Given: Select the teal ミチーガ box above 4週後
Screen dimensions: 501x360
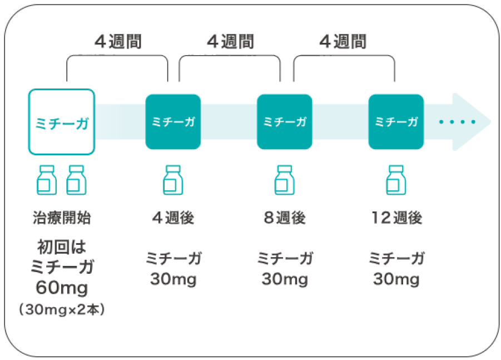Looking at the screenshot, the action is (173, 122).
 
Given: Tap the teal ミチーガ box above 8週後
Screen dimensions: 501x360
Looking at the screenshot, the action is (285, 122).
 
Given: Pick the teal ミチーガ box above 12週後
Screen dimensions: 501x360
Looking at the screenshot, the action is (396, 122).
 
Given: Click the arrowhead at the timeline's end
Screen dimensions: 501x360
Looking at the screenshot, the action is (472, 122).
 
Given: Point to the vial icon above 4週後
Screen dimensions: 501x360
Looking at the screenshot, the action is (173, 180).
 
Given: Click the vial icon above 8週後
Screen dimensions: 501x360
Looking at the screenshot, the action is (285, 180).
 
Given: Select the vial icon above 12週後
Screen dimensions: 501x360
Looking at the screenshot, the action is (396, 180).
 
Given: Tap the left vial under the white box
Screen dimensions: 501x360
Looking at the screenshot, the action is (47, 180).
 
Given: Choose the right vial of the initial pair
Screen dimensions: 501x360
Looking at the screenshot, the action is (76, 180).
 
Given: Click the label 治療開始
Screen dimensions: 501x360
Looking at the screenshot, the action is (62, 218).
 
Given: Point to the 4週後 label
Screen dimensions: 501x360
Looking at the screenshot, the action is (173, 218).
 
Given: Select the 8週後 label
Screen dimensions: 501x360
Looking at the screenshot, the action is (285, 218).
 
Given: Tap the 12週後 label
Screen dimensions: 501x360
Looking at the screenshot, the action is (396, 218).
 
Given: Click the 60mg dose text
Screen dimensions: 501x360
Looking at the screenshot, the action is (62, 288).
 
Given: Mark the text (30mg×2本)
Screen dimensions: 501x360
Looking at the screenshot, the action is (62, 309).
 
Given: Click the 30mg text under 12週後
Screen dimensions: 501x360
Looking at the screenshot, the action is (396, 279).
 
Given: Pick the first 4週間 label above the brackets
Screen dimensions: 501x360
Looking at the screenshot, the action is (118, 42).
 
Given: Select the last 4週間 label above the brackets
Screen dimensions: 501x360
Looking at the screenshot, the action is (343, 42).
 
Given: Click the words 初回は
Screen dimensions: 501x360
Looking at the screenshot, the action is (62, 247).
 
